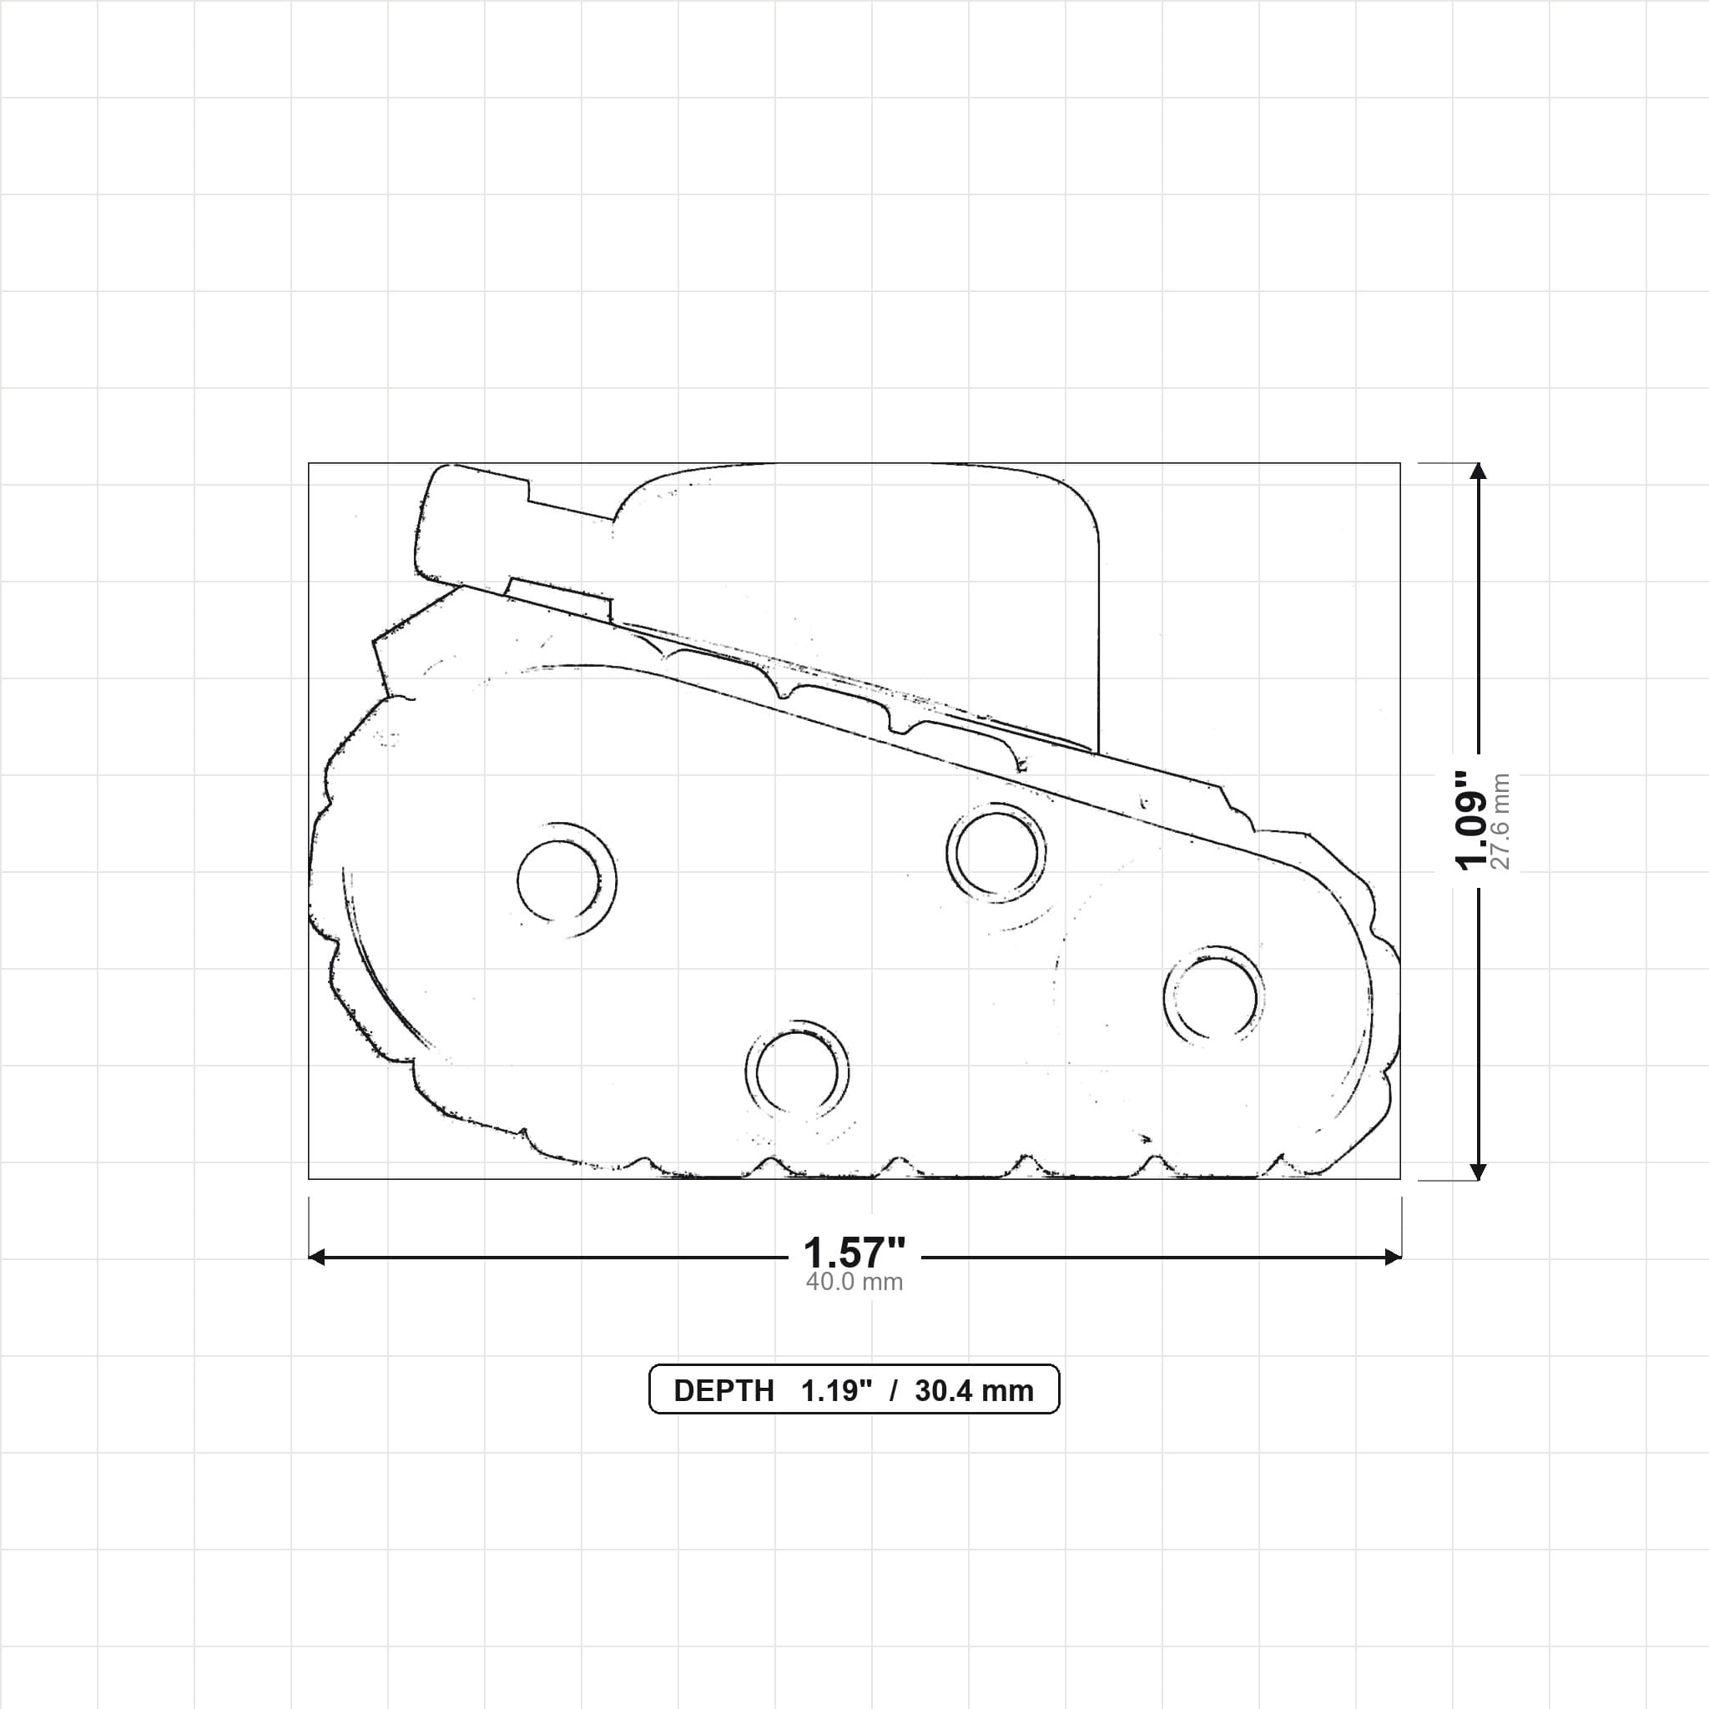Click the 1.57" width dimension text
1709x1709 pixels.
(x=854, y=1253)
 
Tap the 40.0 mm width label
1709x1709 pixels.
(x=854, y=1282)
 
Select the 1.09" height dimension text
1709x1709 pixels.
(x=1473, y=820)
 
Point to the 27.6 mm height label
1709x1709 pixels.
(x=1500, y=821)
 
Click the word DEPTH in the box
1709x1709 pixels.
(x=723, y=1390)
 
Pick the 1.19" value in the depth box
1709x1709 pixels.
(x=837, y=1390)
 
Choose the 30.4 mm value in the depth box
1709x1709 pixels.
(x=974, y=1390)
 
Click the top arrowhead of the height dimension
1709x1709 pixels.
(x=1477, y=470)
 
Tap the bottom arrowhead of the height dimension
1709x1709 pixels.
(x=1477, y=1171)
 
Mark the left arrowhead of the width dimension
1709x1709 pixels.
(x=316, y=1257)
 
